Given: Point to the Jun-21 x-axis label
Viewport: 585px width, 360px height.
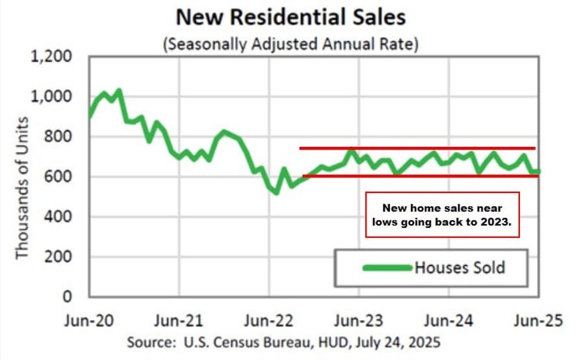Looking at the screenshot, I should [180, 320].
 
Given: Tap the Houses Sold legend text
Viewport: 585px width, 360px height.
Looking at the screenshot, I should [460, 267].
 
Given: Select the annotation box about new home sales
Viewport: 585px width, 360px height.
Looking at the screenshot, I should [442, 214].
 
